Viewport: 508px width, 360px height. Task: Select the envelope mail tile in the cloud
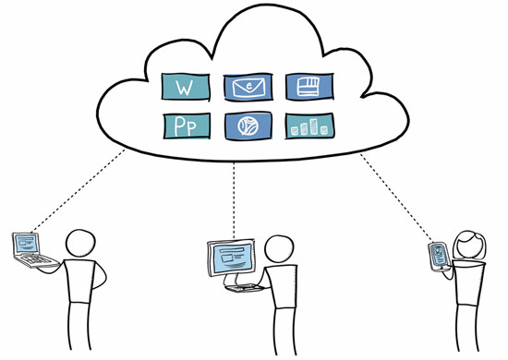click(x=248, y=89)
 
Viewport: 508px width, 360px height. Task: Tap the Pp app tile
click(x=187, y=126)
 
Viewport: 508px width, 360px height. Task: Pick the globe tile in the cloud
click(x=248, y=126)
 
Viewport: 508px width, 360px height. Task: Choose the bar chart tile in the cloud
click(x=309, y=126)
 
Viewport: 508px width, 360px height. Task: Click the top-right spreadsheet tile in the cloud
click(x=309, y=89)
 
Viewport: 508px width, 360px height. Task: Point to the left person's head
click(x=83, y=244)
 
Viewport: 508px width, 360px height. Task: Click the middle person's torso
click(x=282, y=309)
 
